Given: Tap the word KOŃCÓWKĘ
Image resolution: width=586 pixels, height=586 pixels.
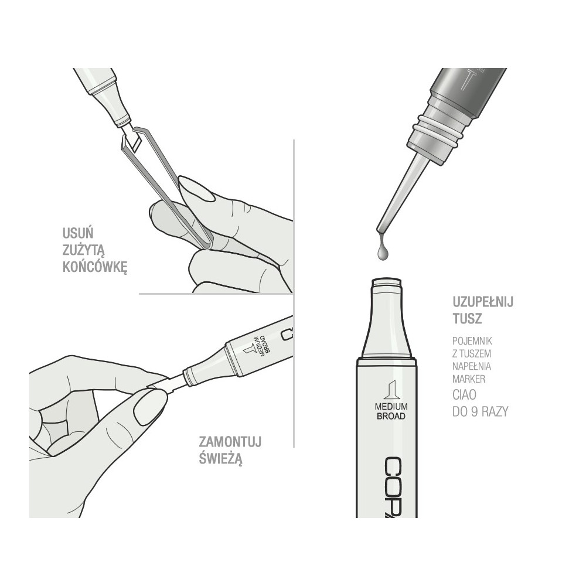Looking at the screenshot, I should [95, 268].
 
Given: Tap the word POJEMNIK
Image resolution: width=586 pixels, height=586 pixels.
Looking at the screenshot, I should [472, 340].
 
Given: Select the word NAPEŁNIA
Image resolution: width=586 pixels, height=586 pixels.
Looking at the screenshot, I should [472, 366].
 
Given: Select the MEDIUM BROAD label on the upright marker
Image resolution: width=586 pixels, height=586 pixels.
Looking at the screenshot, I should [387, 411].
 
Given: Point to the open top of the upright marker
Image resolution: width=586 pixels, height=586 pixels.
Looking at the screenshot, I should [387, 281].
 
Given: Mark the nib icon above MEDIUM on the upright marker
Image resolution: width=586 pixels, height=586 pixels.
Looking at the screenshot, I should [387, 390].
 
